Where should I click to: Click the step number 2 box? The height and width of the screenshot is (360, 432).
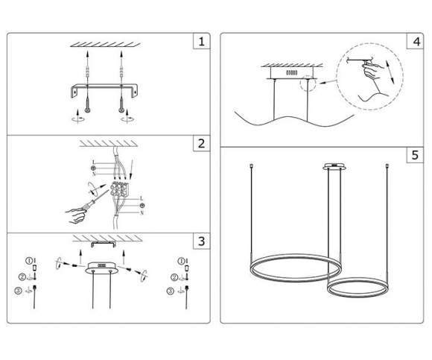coord(200,143)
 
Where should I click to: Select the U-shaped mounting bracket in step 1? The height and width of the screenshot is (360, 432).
coord(104,89)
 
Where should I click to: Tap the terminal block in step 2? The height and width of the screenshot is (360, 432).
coord(118,193)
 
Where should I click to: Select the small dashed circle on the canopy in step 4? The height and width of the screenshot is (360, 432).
coord(306,85)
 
